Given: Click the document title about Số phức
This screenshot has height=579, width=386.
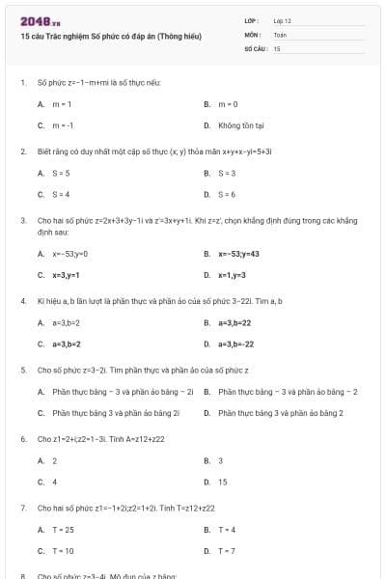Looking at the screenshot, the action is click(x=110, y=36).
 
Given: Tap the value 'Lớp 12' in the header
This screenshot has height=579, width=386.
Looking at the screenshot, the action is click(x=283, y=20).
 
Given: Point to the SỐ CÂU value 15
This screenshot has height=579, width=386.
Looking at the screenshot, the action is click(x=277, y=47).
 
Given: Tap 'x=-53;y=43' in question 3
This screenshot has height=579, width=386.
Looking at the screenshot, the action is click(x=238, y=254).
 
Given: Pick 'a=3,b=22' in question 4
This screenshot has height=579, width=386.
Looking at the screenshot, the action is click(x=234, y=323).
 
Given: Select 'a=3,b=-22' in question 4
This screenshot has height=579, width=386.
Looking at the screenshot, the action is click(x=235, y=344).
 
